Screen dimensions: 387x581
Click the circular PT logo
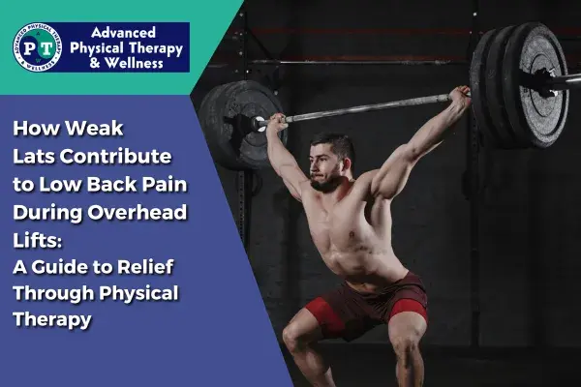[x=38, y=47]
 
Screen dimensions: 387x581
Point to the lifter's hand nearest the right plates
[x=459, y=97]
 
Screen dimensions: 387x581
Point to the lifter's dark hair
[x=334, y=145]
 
